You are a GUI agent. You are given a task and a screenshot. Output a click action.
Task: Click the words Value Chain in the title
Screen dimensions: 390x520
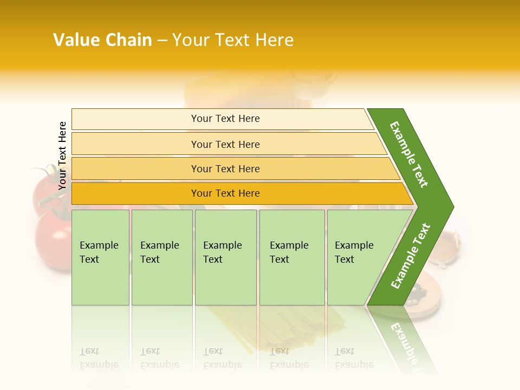[102, 40]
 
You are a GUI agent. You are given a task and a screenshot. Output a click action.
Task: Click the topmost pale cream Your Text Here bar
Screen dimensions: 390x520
[225, 119]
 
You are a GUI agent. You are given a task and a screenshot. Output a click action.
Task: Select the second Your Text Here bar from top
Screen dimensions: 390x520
[225, 144]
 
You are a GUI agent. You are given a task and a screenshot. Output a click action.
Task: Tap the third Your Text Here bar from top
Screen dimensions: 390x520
[225, 168]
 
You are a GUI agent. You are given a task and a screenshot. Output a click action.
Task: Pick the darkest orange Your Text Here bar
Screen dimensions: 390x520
[225, 193]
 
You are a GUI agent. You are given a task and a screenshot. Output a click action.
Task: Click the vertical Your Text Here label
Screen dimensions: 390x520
[62, 155]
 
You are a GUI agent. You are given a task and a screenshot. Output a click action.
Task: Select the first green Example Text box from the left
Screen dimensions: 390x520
[100, 257]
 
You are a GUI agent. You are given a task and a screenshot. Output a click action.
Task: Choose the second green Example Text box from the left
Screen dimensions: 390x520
[161, 257]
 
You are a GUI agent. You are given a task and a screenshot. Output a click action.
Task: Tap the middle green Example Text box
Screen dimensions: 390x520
[225, 257]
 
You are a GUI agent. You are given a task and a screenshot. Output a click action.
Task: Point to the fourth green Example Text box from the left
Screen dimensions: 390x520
[291, 257]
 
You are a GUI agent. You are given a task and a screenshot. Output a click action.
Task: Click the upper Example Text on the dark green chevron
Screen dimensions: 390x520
[409, 154]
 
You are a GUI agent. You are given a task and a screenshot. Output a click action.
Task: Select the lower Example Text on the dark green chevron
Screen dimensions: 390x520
[411, 256]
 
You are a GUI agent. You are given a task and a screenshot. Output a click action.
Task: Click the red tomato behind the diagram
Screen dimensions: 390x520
[51, 238]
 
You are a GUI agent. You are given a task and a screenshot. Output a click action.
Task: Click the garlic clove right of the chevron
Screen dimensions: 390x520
[446, 246]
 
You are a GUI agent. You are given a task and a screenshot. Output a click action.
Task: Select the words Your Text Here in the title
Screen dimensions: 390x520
[233, 40]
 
